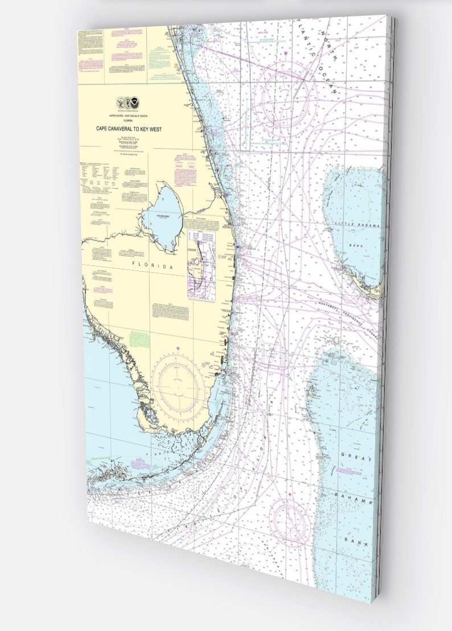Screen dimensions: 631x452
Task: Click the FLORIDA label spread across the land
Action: click(x=152, y=265)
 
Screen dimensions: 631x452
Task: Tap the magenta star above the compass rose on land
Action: click(x=178, y=348)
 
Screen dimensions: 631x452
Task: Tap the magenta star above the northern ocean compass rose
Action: click(x=285, y=54)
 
